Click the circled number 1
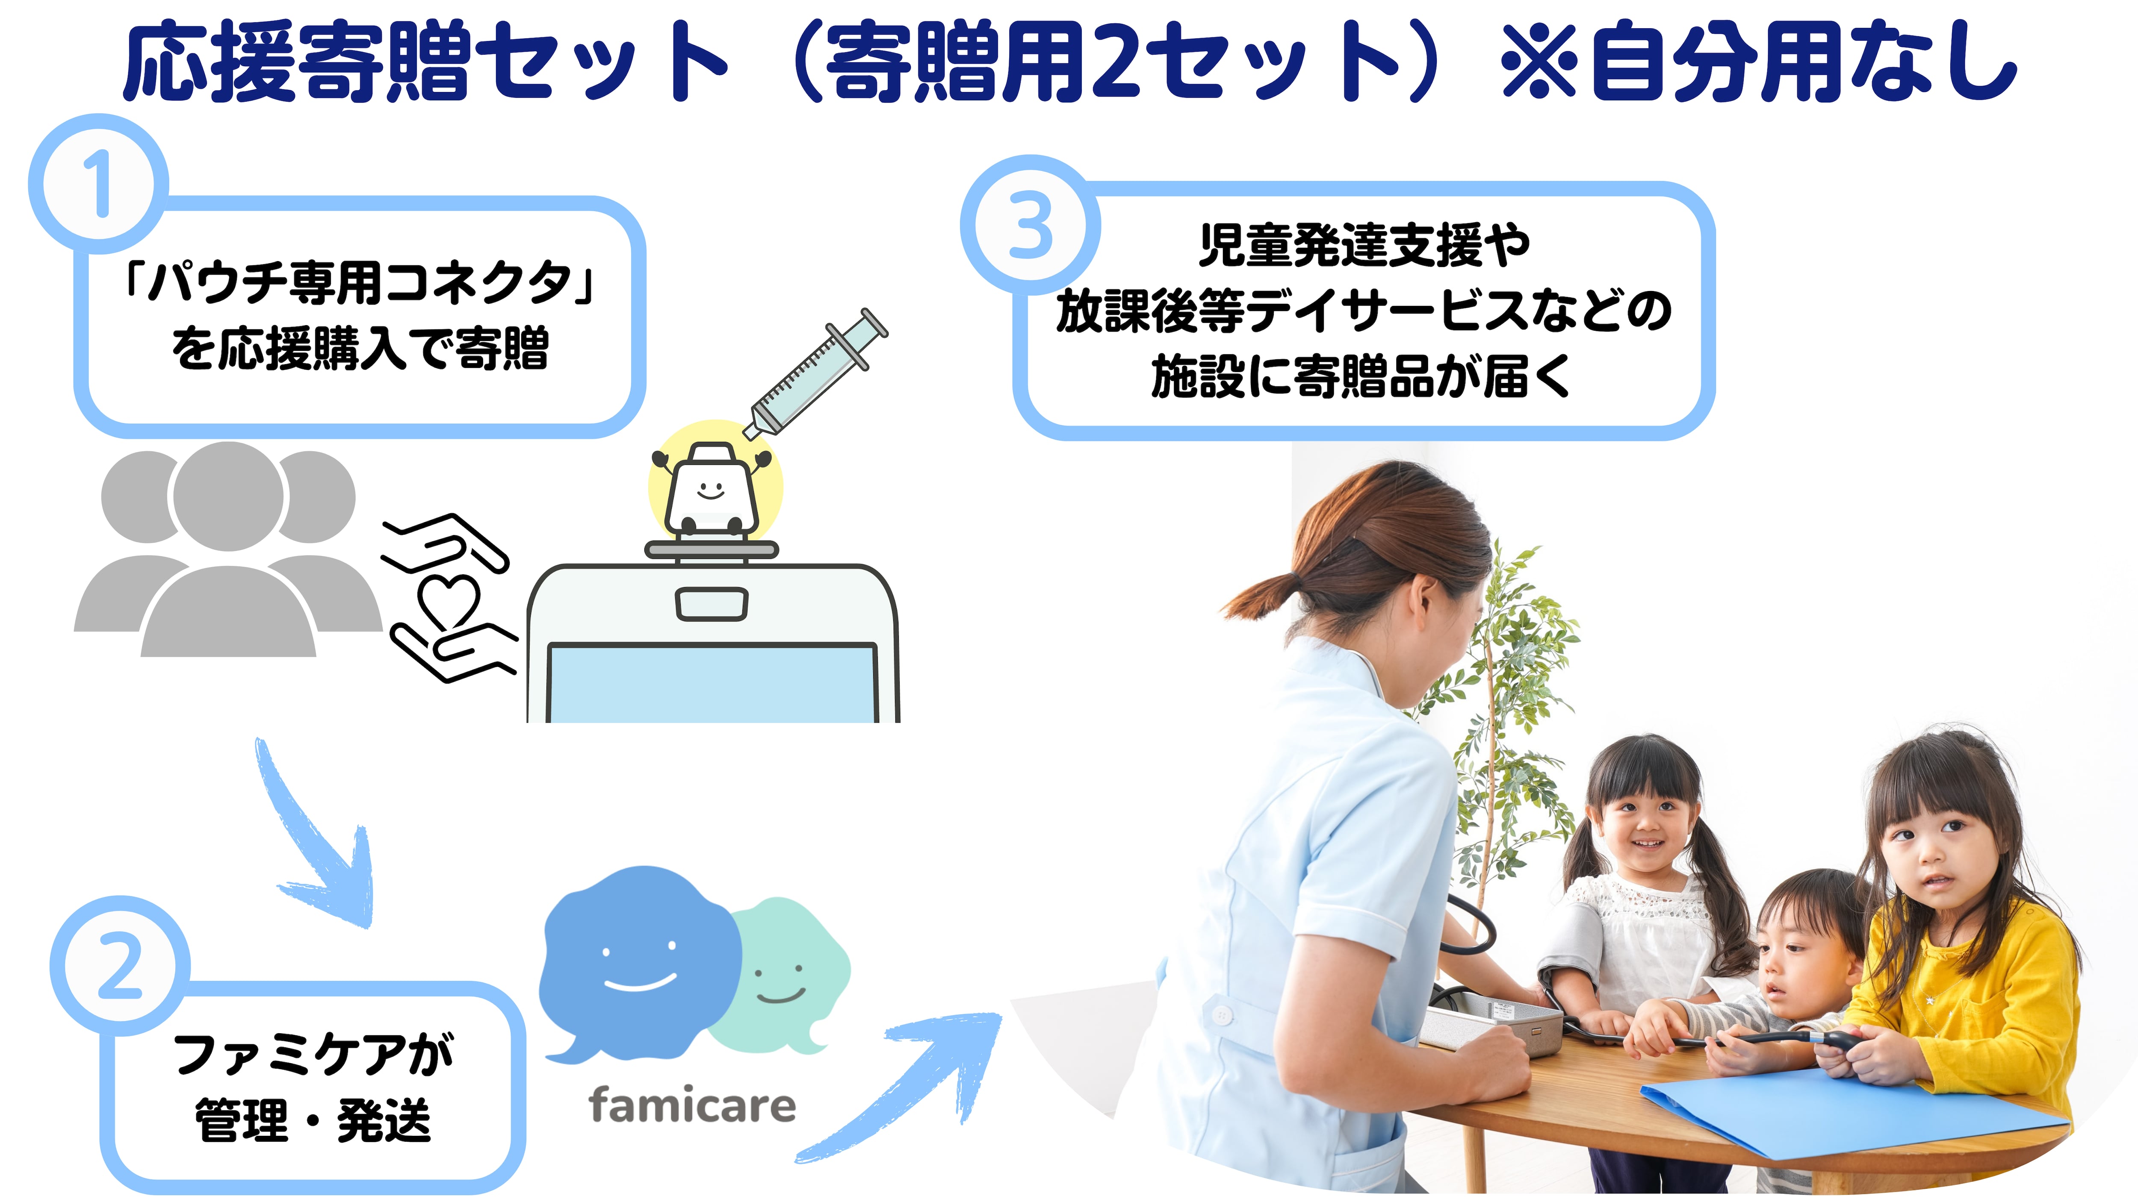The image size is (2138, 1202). (99, 184)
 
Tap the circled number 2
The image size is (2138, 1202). (120, 965)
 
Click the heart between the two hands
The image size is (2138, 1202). (449, 600)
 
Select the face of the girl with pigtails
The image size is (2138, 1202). (1648, 829)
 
